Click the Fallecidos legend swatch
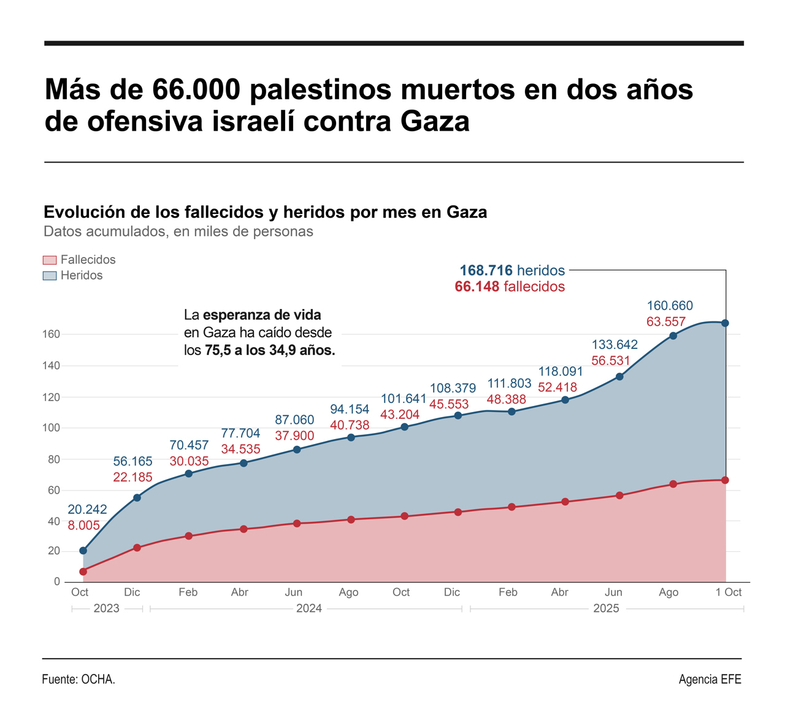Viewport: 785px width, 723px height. tap(50, 260)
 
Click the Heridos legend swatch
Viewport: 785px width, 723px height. tap(50, 275)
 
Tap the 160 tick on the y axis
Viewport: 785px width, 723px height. tap(51, 334)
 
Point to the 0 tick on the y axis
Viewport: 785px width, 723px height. tap(57, 581)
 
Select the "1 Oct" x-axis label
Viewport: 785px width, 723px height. tap(729, 592)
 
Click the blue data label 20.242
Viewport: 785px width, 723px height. tap(87, 510)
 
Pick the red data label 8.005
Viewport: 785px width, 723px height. tap(83, 525)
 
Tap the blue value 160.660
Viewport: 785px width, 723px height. tap(670, 305)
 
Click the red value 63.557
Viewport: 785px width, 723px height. tap(666, 321)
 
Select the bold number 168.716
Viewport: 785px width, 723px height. tap(486, 270)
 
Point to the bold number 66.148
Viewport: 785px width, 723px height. tap(477, 287)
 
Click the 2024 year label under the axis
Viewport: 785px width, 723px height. tap(308, 609)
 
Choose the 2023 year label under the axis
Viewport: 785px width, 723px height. tap(106, 609)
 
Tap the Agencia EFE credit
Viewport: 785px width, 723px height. tap(710, 679)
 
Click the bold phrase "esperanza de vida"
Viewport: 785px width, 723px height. tap(262, 315)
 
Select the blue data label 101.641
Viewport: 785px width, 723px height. tap(404, 399)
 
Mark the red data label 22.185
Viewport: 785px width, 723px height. tap(132, 477)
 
